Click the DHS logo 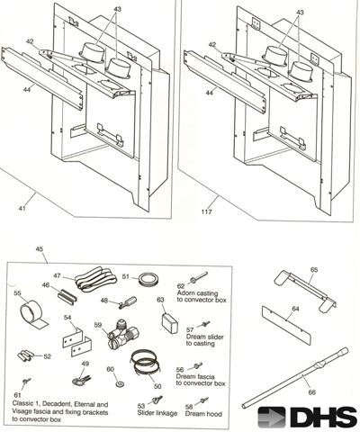click(x=307, y=415)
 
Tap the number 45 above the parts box click(x=39, y=249)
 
